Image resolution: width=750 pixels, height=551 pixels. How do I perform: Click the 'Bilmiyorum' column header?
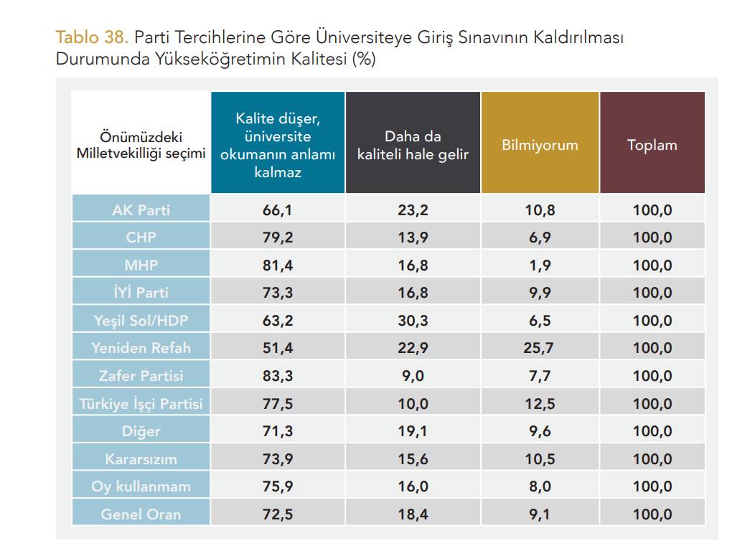click(540, 144)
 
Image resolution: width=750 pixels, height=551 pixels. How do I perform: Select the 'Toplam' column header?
click(652, 144)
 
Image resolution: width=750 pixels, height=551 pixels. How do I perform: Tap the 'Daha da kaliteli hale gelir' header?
click(413, 145)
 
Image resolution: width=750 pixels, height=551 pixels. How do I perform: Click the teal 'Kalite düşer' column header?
click(278, 145)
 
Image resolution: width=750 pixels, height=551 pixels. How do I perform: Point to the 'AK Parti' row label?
click(141, 209)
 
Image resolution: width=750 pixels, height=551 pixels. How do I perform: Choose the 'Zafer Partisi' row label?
click(141, 375)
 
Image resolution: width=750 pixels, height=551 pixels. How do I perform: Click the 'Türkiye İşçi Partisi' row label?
click(141, 403)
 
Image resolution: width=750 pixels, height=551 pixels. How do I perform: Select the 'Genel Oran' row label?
click(141, 514)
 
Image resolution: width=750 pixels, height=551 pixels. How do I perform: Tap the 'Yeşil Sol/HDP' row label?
click(141, 320)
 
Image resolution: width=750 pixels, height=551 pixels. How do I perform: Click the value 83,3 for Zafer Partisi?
click(278, 375)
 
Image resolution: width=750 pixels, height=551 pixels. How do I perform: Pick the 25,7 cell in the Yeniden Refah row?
click(540, 348)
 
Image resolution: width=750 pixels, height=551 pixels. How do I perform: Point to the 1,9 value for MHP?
click(540, 265)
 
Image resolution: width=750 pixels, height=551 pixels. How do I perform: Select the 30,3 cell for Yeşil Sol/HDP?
click(413, 320)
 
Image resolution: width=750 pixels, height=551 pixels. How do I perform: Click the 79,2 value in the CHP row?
click(278, 237)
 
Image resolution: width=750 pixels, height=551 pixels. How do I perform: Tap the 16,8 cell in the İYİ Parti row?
click(413, 293)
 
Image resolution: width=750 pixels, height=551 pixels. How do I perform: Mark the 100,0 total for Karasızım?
click(652, 458)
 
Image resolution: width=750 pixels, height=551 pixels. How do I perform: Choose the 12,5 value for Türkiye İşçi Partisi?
click(540, 403)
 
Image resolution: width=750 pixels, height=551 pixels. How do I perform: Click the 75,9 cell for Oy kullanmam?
click(278, 486)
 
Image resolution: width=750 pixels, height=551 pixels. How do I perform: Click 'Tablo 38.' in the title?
click(92, 37)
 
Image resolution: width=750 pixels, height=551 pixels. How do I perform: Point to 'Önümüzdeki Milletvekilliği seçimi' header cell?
click(141, 145)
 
